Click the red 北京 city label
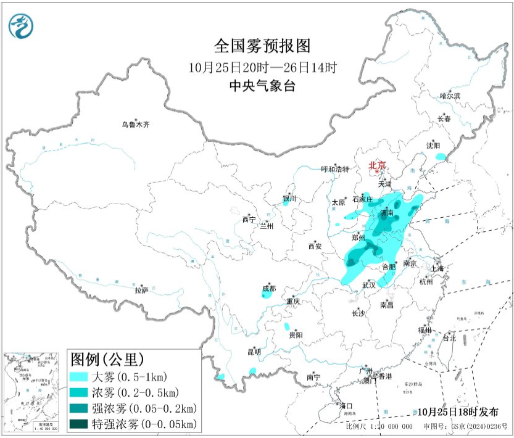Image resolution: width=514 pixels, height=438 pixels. pos(377,165)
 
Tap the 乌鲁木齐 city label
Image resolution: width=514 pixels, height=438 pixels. pos(135,125)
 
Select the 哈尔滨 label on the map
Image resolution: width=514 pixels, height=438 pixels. pos(450,96)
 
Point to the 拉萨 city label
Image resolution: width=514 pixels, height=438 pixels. pos(141,289)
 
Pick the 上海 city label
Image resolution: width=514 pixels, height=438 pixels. pos(437,268)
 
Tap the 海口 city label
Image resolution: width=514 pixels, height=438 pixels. pos(347,405)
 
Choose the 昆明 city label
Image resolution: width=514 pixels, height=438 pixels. pos(254,352)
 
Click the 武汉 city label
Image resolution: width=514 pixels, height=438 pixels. pos(368,285)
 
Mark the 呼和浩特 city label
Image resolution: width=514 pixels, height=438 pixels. pos(336,169)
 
